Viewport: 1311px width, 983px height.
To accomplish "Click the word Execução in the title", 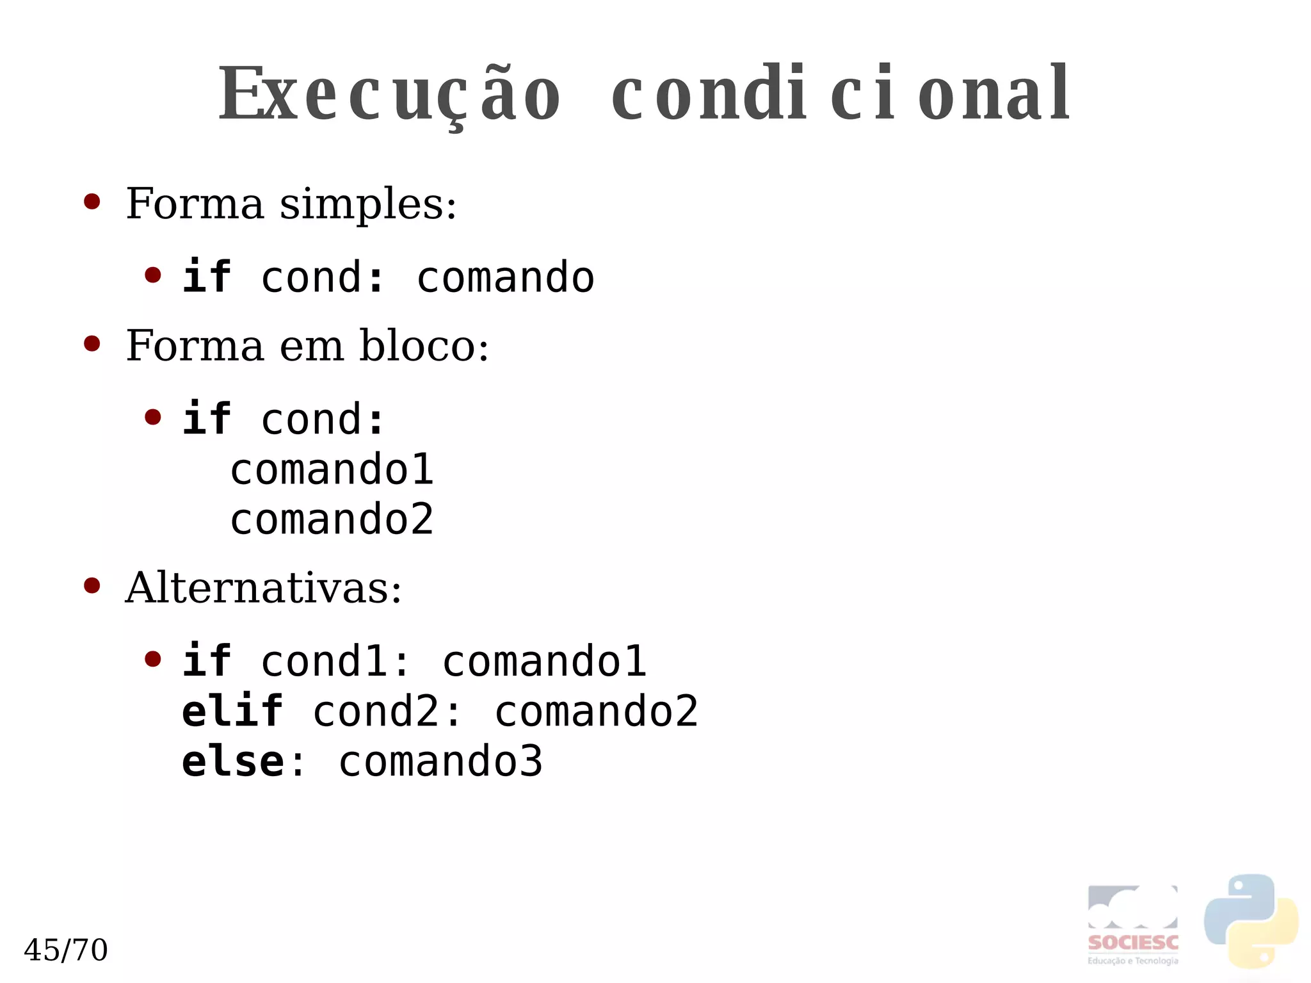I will tap(389, 95).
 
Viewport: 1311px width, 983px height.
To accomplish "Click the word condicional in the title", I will tap(840, 95).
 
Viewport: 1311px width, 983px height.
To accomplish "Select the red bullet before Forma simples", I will tap(92, 202).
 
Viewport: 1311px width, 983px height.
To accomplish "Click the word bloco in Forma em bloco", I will tap(424, 346).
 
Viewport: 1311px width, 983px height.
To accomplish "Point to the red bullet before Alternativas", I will tap(92, 586).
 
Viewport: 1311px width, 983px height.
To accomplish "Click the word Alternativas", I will tap(263, 588).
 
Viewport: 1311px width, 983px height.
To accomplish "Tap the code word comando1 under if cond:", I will tap(332, 469).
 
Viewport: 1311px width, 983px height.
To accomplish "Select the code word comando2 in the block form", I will tap(332, 519).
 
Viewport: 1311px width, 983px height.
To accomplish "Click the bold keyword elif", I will tap(232, 711).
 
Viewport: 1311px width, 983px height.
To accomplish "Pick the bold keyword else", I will tap(232, 761).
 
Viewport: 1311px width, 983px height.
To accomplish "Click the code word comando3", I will tap(440, 761).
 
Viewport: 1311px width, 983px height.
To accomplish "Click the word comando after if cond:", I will tap(506, 277).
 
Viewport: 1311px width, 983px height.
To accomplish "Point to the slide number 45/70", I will tap(66, 950).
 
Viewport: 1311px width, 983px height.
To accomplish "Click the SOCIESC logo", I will tap(1132, 925).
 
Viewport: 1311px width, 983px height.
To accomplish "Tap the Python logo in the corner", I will tap(1251, 921).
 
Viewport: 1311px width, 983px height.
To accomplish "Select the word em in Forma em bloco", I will tap(312, 346).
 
